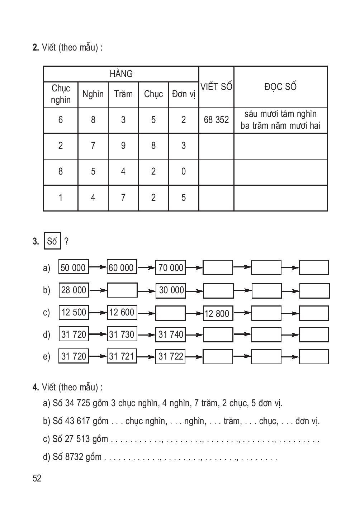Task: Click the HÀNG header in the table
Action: click(121, 74)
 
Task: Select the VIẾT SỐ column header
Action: click(216, 86)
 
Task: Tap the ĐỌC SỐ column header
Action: click(280, 86)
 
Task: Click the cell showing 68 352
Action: click(216, 120)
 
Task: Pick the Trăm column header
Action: click(123, 94)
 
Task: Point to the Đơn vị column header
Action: click(183, 94)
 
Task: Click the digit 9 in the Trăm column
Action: click(123, 146)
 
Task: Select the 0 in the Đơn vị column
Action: click(183, 171)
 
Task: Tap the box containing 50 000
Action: click(74, 267)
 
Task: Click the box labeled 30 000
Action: click(171, 290)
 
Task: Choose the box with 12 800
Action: click(218, 313)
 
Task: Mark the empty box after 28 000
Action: click(122, 290)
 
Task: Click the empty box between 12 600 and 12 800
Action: click(170, 313)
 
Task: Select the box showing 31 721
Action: click(122, 356)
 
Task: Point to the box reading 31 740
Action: click(170, 334)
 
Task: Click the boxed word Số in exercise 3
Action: click(52, 241)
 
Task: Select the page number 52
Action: click(37, 478)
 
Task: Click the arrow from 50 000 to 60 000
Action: click(98, 267)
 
